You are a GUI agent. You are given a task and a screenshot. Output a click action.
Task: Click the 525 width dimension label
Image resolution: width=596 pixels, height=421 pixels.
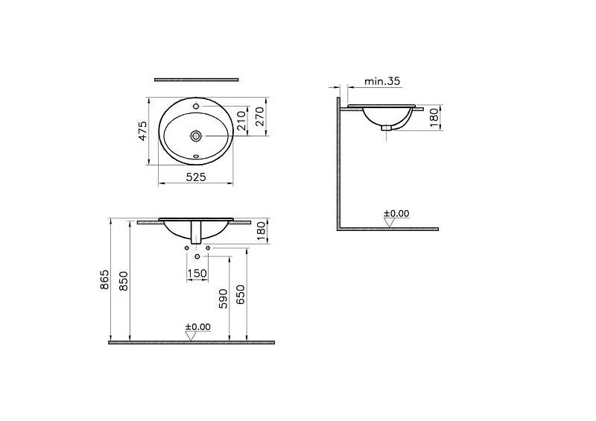197,177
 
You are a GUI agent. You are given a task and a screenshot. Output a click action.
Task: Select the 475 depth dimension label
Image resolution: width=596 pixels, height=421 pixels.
142,131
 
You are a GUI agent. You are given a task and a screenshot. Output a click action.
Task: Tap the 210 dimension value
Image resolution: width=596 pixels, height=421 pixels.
241,121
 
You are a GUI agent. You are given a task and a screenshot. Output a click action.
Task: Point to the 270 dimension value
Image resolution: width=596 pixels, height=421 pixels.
259,116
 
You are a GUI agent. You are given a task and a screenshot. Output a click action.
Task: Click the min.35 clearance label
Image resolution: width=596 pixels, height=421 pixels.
382,81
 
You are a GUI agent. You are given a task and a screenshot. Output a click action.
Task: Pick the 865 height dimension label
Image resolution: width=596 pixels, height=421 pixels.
104,279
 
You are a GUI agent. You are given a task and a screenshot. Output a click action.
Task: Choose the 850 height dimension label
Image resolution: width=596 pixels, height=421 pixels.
124,282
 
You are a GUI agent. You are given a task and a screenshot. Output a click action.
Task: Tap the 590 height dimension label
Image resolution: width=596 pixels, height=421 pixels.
223,299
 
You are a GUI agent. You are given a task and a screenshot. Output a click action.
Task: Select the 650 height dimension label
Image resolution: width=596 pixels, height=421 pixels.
241,295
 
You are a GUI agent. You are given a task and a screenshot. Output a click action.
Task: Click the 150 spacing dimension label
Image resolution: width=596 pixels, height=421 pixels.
197,273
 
